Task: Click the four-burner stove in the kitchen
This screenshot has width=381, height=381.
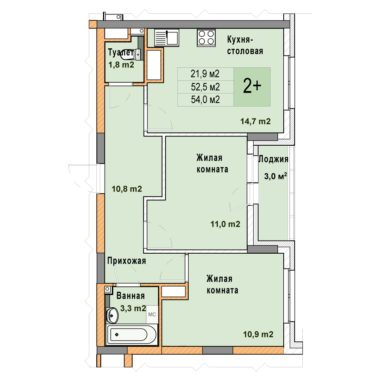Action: [x=206, y=38]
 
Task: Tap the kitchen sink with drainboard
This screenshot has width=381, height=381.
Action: [x=167, y=37]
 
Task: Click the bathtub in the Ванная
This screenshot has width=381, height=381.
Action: [x=132, y=334]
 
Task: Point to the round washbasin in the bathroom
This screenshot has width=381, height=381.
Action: [x=112, y=315]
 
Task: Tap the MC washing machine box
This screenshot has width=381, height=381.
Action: [x=152, y=314]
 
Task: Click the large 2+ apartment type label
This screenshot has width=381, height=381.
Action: [x=252, y=87]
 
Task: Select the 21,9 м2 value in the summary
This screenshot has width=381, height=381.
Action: [x=205, y=74]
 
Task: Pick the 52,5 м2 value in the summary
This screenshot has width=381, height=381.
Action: [x=205, y=87]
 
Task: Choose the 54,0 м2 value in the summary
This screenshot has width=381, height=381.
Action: [x=205, y=99]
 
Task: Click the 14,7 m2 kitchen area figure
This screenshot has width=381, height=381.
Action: [x=255, y=121]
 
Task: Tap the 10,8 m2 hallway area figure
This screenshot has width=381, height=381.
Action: [x=127, y=189]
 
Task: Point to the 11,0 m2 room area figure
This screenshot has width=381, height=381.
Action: [x=225, y=224]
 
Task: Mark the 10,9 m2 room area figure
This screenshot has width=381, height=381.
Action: [x=258, y=334]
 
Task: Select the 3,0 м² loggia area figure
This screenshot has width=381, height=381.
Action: [x=276, y=176]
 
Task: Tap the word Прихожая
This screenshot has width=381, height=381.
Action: [x=127, y=261]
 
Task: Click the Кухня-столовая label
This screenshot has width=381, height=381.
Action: [x=245, y=45]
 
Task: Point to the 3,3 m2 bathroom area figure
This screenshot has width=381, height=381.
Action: [x=133, y=308]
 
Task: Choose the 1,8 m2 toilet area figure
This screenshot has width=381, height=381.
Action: [x=121, y=65]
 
